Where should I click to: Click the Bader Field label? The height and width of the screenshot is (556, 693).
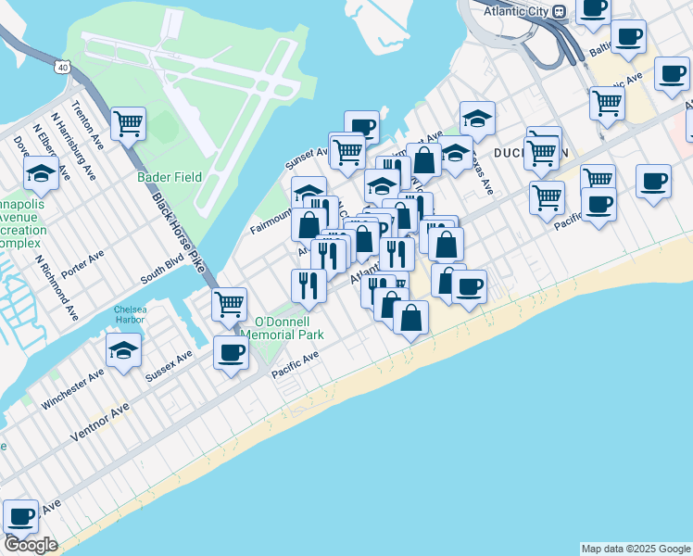(x=168, y=177)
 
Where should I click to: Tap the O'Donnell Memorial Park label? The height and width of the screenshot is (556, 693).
(x=282, y=328)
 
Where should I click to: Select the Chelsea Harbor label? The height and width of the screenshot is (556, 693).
(x=131, y=315)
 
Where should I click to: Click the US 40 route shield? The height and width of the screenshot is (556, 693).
(x=62, y=67)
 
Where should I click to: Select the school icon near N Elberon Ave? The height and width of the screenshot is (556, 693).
(x=41, y=171)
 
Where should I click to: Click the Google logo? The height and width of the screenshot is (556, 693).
(x=31, y=545)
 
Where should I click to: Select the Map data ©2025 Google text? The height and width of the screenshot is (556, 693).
(x=635, y=549)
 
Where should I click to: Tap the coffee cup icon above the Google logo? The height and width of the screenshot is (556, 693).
(x=20, y=516)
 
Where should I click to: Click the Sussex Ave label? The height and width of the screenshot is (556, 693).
(x=170, y=366)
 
